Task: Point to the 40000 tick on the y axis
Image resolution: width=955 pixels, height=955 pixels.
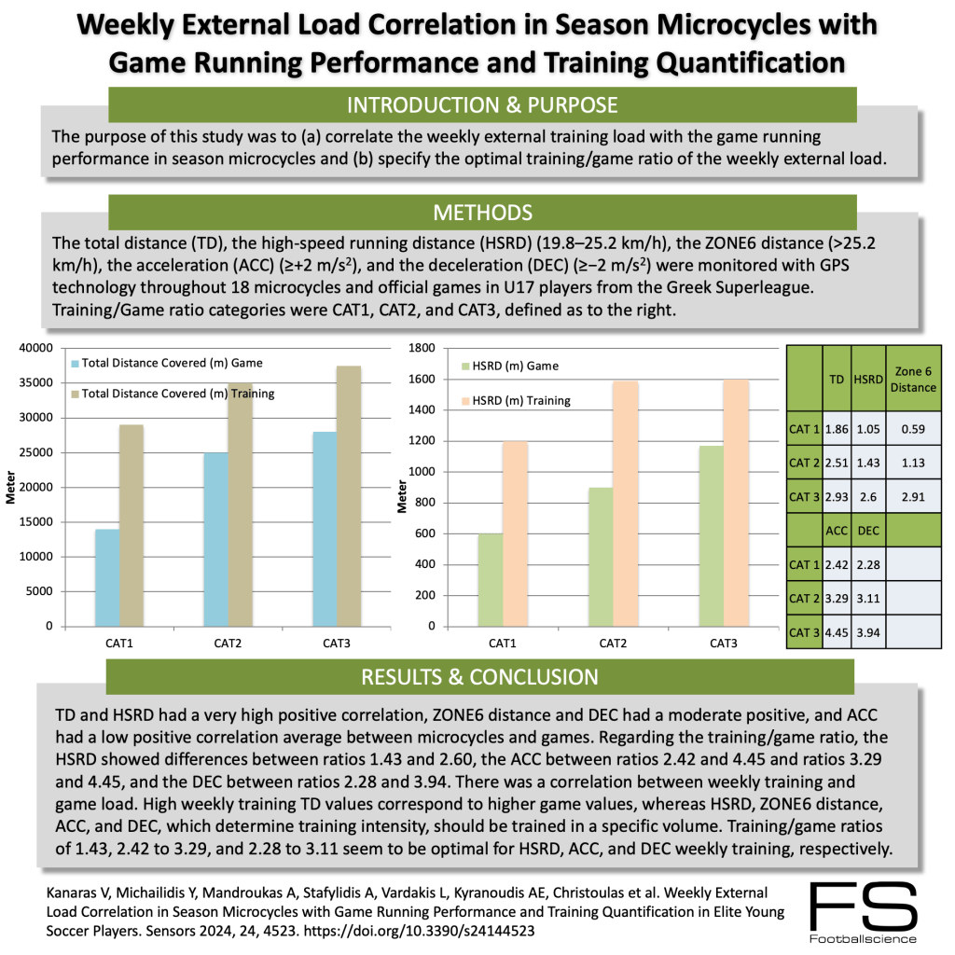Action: tap(36, 349)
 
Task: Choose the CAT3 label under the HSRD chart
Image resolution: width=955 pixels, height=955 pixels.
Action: tap(721, 644)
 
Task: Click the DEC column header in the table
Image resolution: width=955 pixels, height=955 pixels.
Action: tap(868, 529)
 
